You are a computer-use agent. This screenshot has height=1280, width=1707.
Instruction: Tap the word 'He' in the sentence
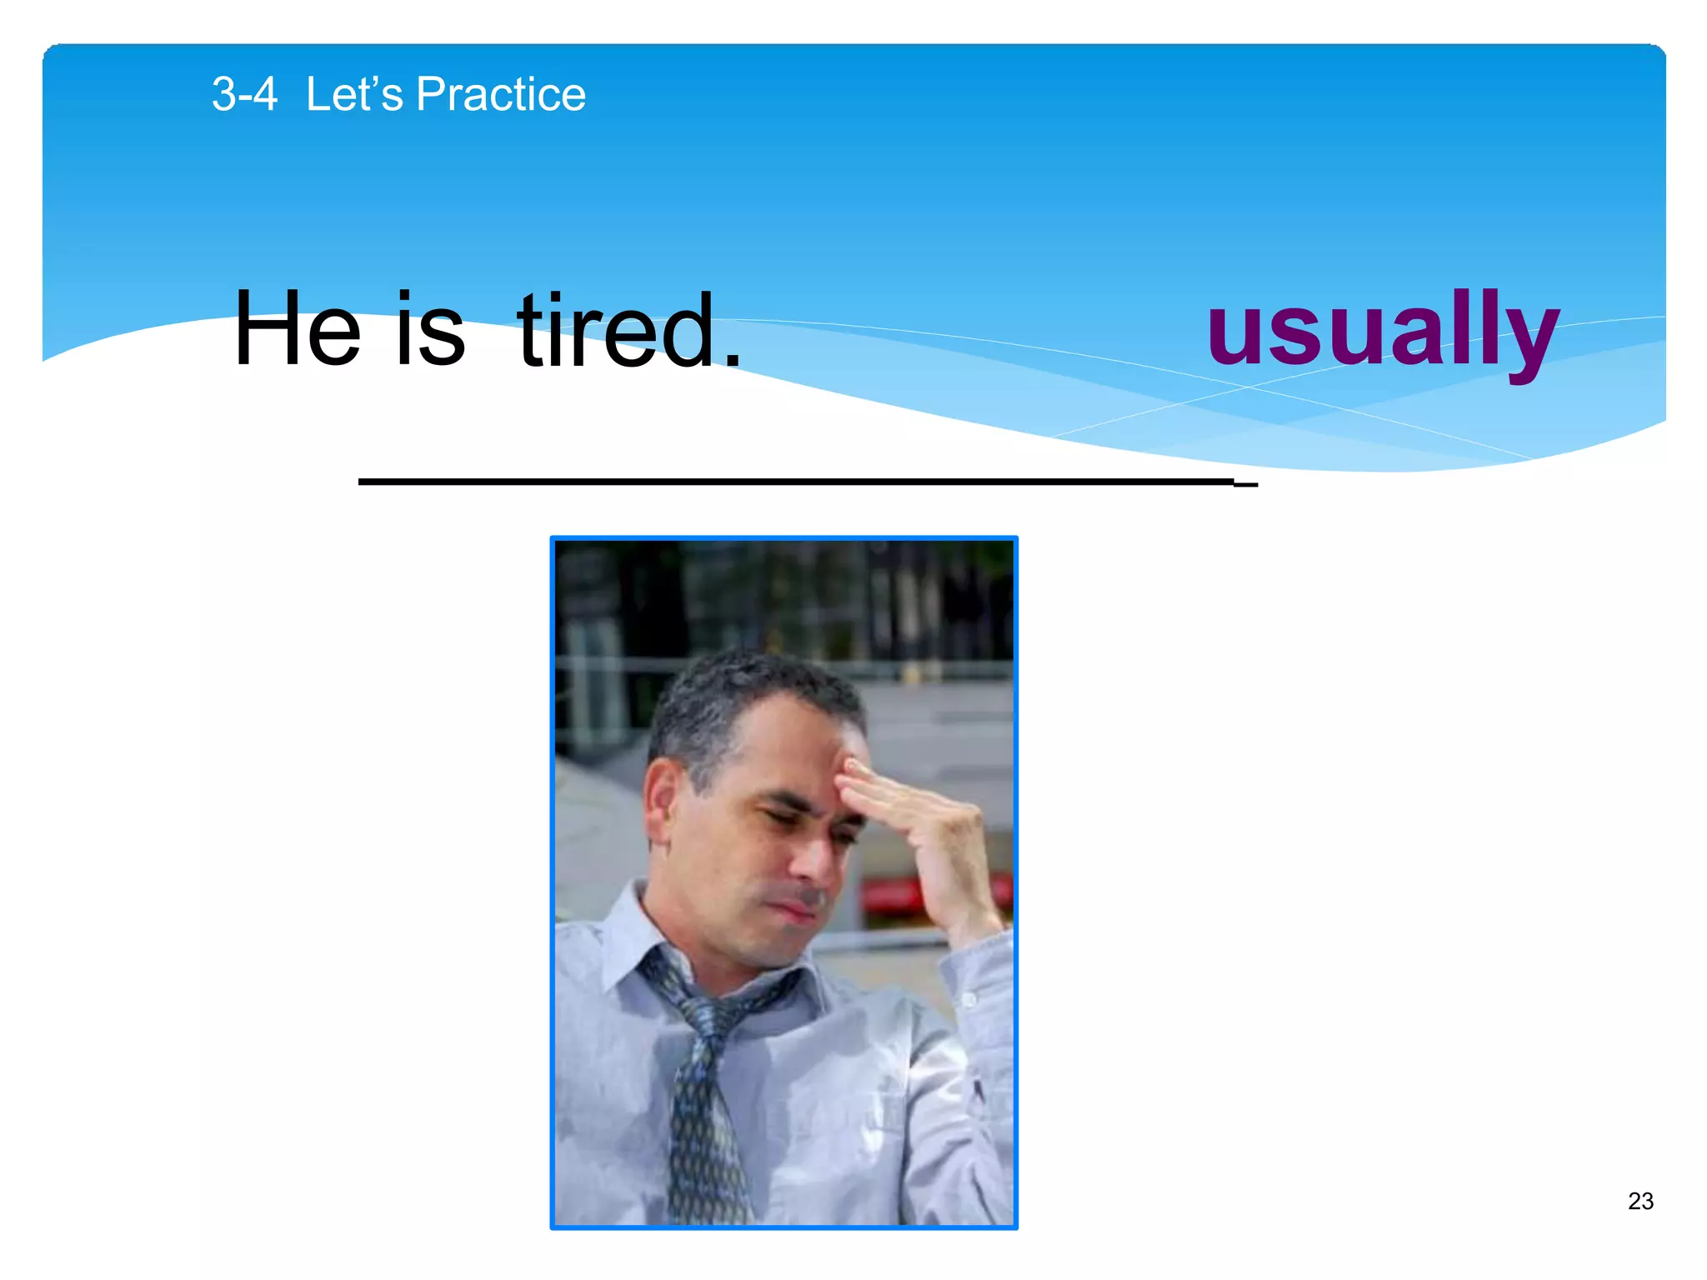pyautogui.click(x=298, y=330)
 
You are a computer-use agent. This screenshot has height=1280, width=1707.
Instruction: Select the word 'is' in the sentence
pyautogui.click(x=429, y=330)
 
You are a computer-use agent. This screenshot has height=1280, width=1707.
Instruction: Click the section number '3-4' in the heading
pyautogui.click(x=243, y=94)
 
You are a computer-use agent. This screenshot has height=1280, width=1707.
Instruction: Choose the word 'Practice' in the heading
pyautogui.click(x=500, y=94)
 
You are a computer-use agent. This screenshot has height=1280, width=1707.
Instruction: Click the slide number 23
pyautogui.click(x=1640, y=1201)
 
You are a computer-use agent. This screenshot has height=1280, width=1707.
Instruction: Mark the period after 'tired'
pyautogui.click(x=732, y=360)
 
